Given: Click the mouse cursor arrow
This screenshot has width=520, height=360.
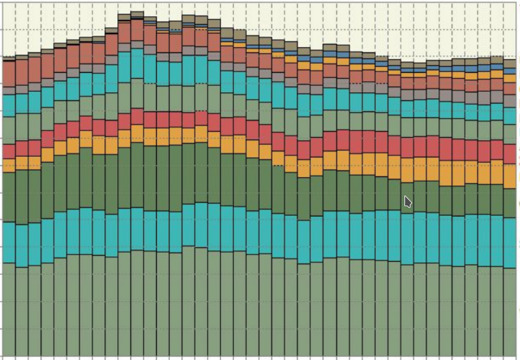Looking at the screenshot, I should click(x=407, y=201).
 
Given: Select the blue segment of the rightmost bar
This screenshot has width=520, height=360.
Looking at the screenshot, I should click(x=510, y=71).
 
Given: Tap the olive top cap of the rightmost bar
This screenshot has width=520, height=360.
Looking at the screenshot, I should click(x=510, y=63).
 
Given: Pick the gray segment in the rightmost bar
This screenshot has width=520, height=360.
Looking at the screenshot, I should click(x=510, y=101).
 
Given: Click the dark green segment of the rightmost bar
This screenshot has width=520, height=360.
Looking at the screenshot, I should click(x=510, y=203).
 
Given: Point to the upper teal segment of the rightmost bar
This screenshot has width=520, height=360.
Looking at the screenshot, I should click(x=510, y=116).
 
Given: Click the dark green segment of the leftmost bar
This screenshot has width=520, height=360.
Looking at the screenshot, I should click(x=8, y=197).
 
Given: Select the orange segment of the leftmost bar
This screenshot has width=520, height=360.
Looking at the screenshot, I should click(x=8, y=165).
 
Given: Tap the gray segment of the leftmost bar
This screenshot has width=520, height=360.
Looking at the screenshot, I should click(x=8, y=91).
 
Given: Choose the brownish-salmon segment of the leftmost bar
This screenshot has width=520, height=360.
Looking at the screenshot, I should click(x=8, y=73).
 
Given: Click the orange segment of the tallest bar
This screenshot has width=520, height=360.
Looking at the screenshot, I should click(x=137, y=134).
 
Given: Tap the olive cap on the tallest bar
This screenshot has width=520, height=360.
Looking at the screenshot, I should click(x=137, y=14).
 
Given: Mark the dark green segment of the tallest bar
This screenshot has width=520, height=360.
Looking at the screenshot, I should click(x=137, y=175).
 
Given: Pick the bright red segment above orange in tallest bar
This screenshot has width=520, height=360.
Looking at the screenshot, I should click(x=137, y=117).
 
